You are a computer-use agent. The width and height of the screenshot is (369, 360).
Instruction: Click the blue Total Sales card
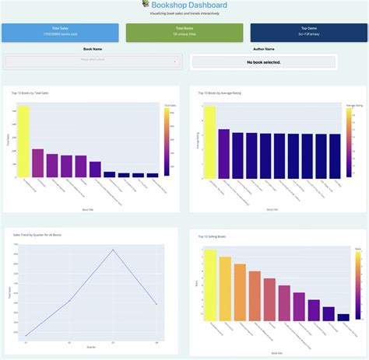(61, 32)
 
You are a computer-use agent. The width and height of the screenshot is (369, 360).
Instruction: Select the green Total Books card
(184, 32)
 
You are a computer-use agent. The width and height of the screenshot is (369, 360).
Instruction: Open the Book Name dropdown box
(93, 61)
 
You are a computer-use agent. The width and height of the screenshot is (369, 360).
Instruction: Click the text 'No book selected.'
(263, 61)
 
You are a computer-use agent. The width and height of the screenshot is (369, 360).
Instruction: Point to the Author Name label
(263, 48)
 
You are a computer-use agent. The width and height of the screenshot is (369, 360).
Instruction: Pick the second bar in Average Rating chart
(223, 153)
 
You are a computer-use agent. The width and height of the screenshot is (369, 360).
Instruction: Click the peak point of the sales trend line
(114, 250)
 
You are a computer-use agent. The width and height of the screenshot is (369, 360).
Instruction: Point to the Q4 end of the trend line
(157, 304)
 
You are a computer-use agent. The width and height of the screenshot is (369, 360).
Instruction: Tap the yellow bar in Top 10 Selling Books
(209, 285)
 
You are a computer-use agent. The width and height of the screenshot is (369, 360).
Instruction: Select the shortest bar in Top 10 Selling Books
(343, 317)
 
